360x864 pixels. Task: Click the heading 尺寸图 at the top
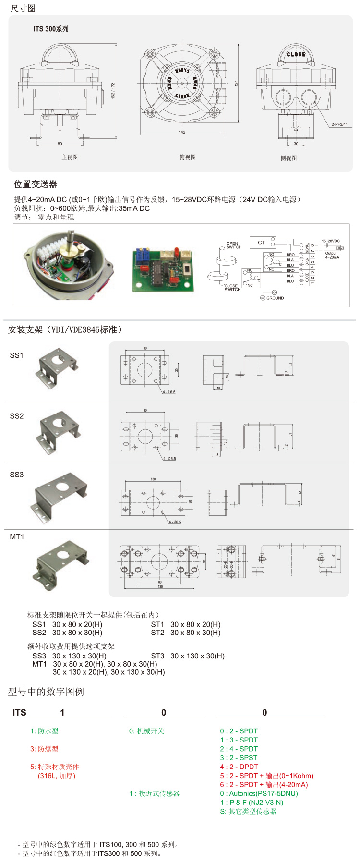coord(23,9)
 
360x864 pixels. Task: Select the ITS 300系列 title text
coord(50,29)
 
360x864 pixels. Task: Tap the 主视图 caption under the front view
coord(70,157)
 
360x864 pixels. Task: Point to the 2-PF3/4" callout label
coord(339,124)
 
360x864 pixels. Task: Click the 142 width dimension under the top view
coord(182,132)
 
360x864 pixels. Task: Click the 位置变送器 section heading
coord(36,184)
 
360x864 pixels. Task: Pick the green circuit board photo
coord(163,270)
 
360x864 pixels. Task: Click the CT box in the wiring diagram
coord(262,243)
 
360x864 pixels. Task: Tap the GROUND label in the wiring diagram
coord(275,298)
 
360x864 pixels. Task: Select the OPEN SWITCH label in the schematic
coord(233,245)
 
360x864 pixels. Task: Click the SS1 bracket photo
coord(56,367)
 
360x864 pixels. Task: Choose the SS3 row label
coord(17,475)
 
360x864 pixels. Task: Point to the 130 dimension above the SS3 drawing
coord(153,479)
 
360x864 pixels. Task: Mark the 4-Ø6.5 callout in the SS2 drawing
coord(169,459)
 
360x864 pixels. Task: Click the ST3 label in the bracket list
coord(157,656)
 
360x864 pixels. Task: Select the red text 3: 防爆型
coord(44,749)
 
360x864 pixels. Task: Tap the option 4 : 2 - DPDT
coord(239,767)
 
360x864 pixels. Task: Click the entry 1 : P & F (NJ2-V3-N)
coord(252,802)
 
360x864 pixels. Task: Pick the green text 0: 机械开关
coord(146,731)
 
